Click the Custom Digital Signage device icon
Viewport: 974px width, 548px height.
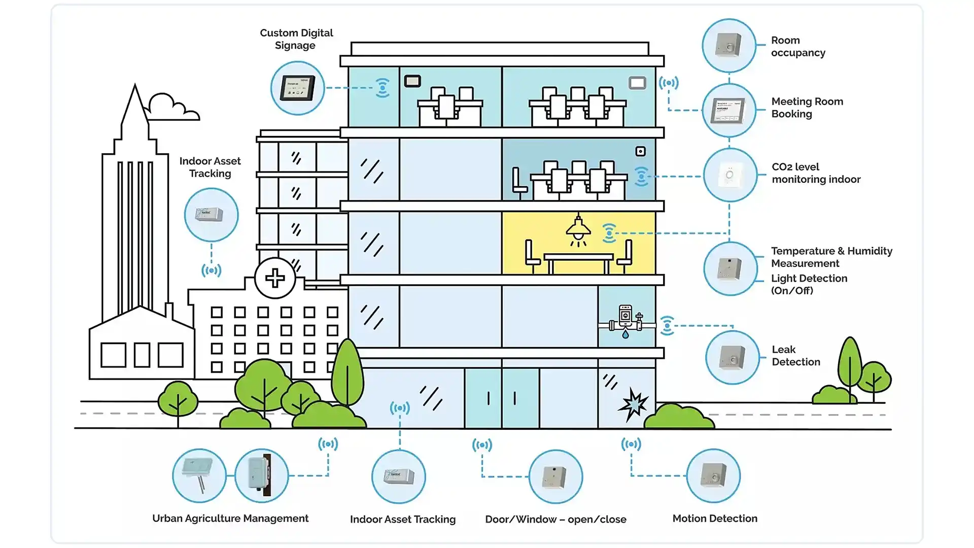[x=297, y=88]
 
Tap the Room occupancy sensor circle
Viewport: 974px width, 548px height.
[x=729, y=46]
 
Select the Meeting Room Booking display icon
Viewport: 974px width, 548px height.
[x=729, y=110]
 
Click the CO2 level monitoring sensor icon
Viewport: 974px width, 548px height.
[x=729, y=175]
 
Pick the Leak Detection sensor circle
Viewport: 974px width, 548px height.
[x=732, y=357]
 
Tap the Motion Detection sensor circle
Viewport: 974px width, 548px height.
[x=713, y=476]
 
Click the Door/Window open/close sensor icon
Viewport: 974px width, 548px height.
[x=555, y=476]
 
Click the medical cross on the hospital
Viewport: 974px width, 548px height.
[x=275, y=278]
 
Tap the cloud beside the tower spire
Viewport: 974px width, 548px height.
[x=171, y=108]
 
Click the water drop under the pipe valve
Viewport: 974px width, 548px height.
[x=625, y=334]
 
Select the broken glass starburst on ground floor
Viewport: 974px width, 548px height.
[x=633, y=404]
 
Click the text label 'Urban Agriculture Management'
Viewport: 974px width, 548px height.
[x=230, y=518]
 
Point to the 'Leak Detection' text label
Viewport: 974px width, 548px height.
[x=795, y=356]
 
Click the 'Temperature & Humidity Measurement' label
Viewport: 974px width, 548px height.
[x=831, y=257]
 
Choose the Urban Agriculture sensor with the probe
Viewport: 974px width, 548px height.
[x=199, y=476]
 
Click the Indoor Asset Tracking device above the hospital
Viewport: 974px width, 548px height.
[x=211, y=215]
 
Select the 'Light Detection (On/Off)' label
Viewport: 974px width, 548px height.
[x=809, y=284]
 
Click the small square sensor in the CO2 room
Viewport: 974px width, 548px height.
[x=641, y=151]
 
